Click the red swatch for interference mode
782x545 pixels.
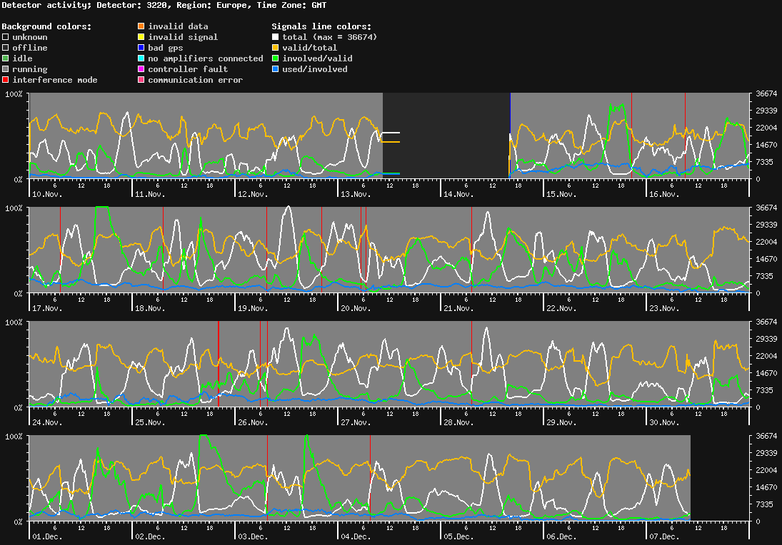tap(6, 80)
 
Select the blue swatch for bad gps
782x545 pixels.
tap(141, 48)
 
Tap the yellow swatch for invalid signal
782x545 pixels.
tap(141, 37)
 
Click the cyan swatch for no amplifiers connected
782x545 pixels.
tap(141, 58)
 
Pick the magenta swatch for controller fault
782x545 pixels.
tap(141, 69)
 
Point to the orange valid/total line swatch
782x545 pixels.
tap(276, 48)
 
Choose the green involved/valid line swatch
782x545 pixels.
tap(276, 58)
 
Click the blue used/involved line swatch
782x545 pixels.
tap(276, 69)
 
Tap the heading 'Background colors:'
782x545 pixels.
tap(46, 26)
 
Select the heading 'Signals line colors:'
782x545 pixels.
tap(321, 26)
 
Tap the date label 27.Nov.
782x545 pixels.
tap(356, 422)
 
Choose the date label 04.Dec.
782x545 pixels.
tap(356, 536)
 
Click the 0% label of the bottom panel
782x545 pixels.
tap(19, 521)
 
